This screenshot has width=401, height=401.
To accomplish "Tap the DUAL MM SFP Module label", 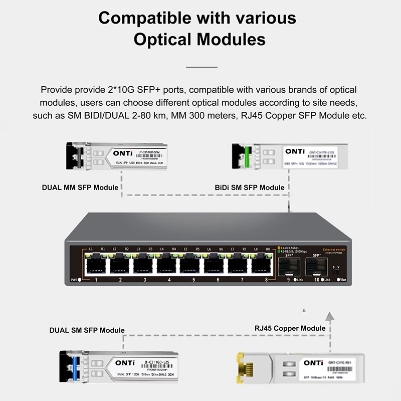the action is [80, 187].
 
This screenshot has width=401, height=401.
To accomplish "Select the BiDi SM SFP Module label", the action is [250, 187].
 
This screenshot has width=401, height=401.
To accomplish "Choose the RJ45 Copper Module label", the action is [290, 328].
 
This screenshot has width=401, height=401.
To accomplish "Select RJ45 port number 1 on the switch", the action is [95, 264].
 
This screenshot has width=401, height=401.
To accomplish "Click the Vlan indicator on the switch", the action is [340, 279].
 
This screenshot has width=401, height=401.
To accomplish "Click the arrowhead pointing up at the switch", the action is [329, 315].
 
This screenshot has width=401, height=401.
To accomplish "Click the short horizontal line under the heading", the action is [202, 66].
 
